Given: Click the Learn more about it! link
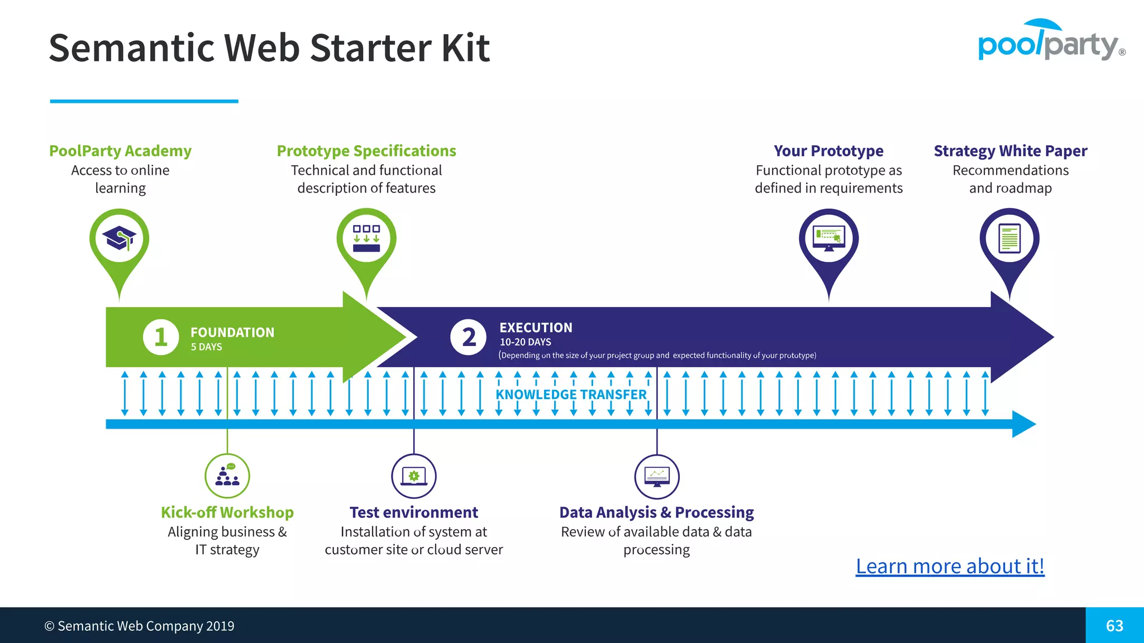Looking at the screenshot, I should [x=950, y=566].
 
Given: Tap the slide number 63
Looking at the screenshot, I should [x=1114, y=626].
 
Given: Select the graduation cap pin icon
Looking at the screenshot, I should [x=119, y=239].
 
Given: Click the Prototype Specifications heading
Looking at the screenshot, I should [x=366, y=151].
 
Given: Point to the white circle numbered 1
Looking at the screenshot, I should [x=161, y=337].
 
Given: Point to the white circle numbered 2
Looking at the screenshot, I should [x=468, y=337].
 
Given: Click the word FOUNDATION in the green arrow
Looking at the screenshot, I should [x=232, y=333].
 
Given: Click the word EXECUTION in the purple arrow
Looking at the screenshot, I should [x=536, y=328].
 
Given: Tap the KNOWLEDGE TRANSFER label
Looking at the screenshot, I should [x=571, y=395].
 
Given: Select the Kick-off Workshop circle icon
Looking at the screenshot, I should [x=227, y=476].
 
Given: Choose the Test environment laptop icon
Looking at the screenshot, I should [x=413, y=476].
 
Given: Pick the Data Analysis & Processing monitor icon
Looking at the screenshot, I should [x=657, y=476].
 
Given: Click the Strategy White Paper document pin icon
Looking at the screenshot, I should [x=1009, y=239].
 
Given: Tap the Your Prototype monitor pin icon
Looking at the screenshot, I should [x=828, y=239].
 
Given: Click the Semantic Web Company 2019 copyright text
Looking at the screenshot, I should [x=140, y=626].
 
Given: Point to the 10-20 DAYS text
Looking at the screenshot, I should [x=525, y=342].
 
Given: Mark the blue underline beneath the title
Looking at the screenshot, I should [x=144, y=101].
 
